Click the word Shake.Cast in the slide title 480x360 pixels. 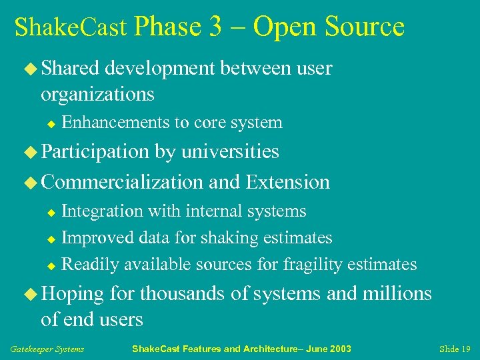point(70,28)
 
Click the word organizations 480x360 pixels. point(97,95)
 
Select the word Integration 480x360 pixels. point(102,211)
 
